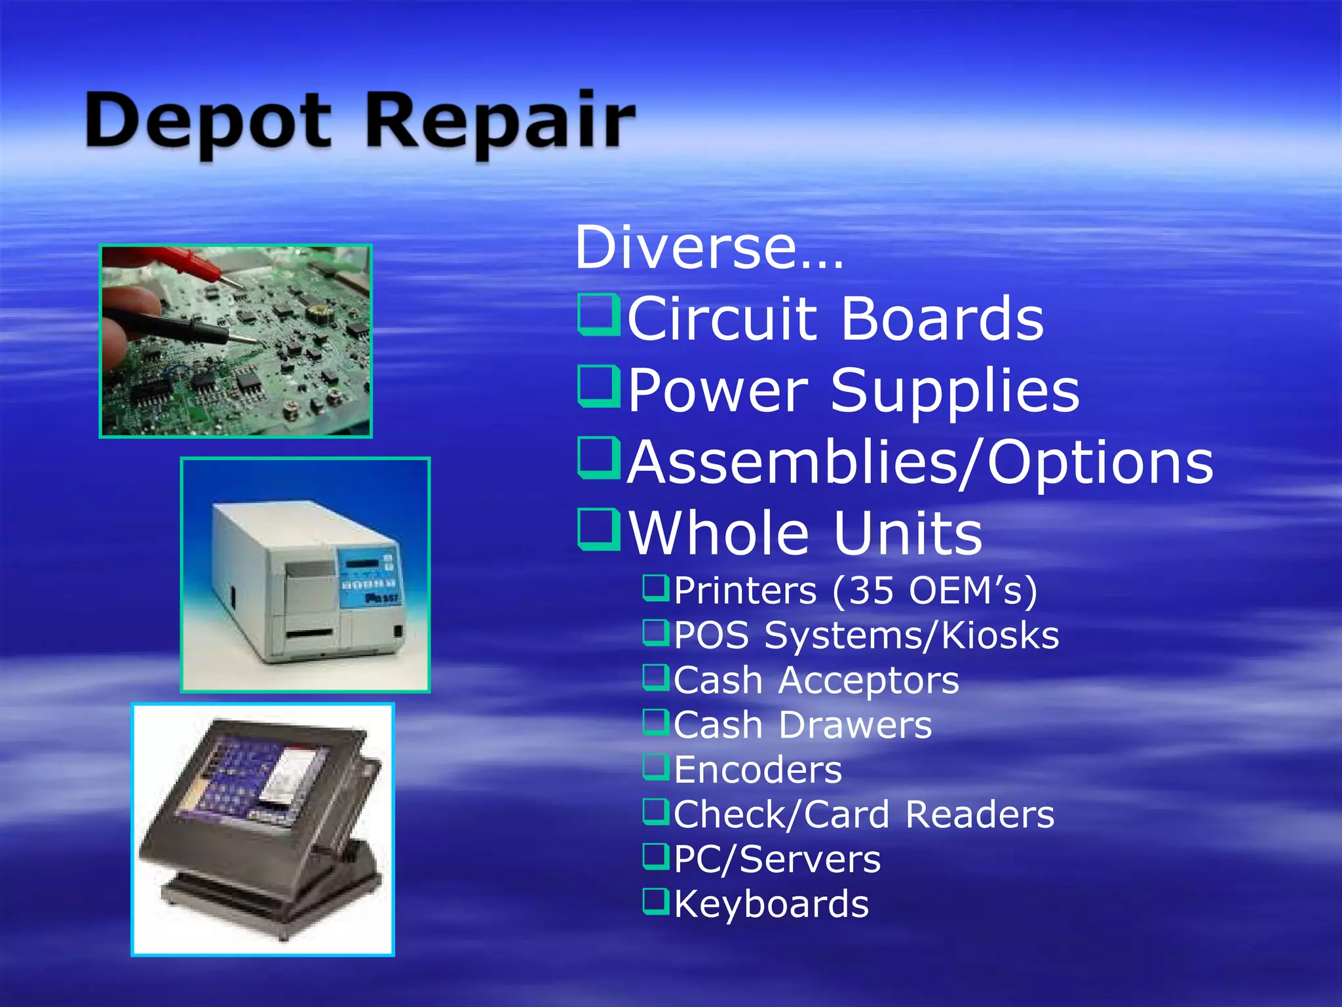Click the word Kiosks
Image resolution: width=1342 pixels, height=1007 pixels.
1001,635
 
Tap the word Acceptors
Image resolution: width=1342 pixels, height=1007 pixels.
868,681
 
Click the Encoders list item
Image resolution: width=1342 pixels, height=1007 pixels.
757,770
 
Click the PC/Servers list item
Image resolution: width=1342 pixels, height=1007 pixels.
777,859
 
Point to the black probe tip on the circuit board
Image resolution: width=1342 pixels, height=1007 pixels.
246,339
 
